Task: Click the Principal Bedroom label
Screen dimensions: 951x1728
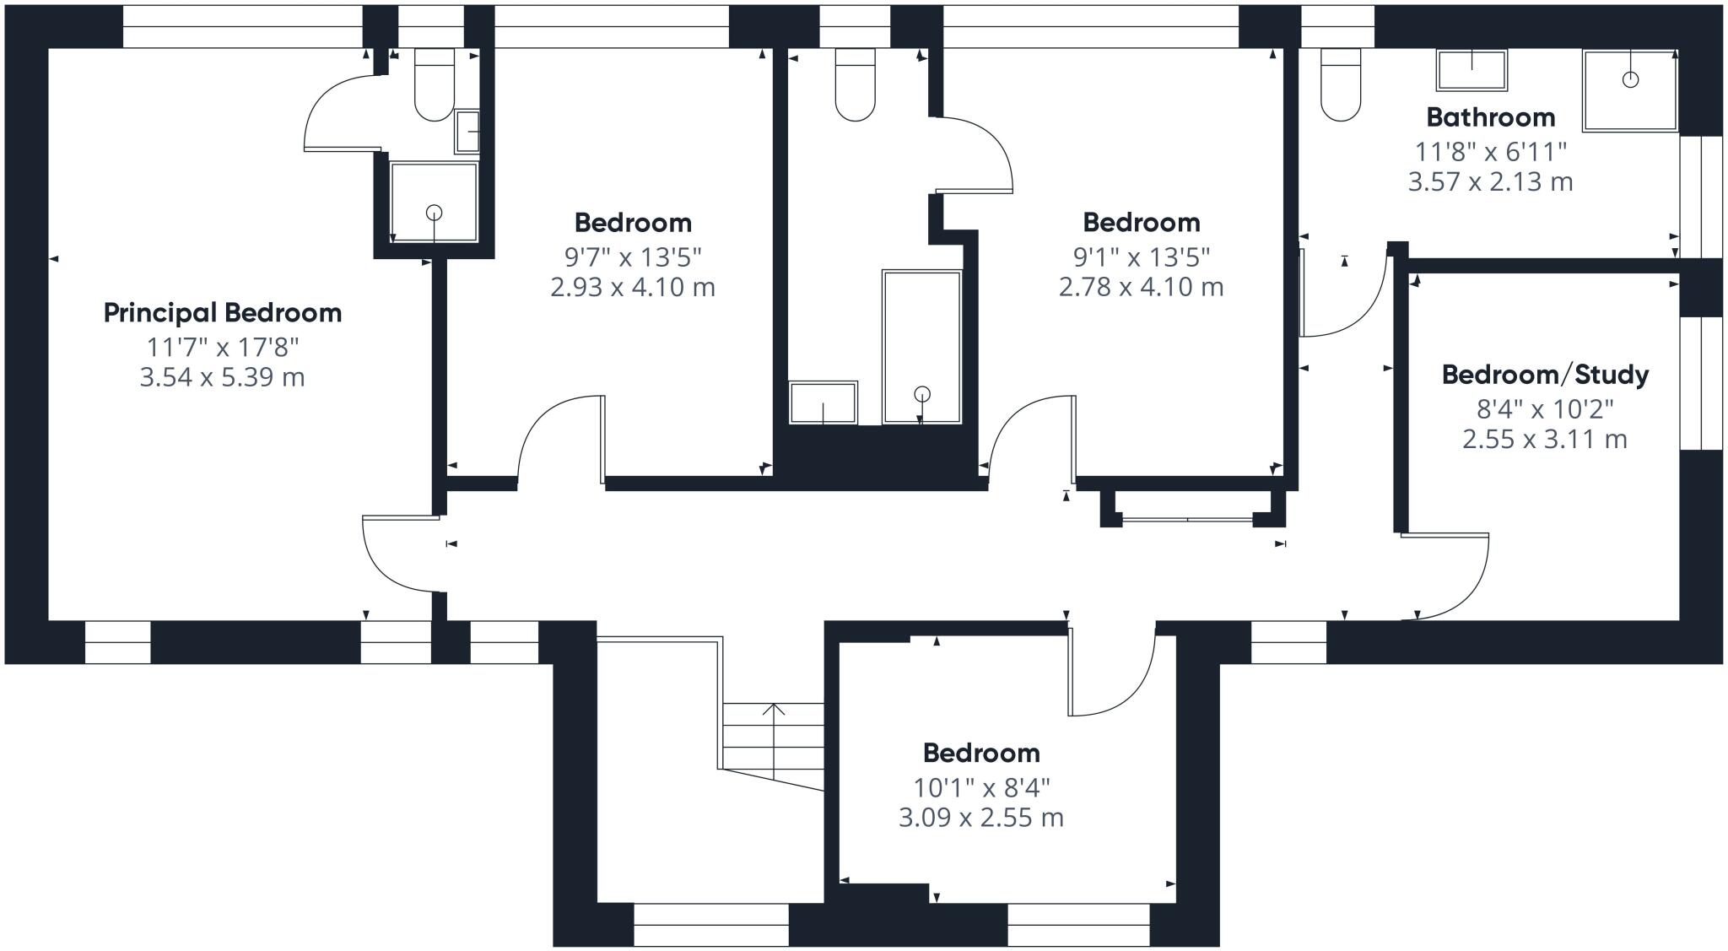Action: click(x=222, y=313)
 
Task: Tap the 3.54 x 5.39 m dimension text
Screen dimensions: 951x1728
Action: click(x=222, y=377)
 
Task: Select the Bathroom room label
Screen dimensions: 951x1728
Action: click(x=1490, y=117)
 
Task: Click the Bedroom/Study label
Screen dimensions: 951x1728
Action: click(x=1545, y=375)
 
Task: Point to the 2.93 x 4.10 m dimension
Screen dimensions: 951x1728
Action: click(x=633, y=288)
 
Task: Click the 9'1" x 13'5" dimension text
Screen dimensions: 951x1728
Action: click(x=1141, y=256)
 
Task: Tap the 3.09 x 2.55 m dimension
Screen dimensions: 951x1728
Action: click(x=980, y=818)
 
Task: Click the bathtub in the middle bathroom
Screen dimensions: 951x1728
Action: click(x=921, y=346)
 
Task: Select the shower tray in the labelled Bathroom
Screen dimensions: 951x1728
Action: click(x=1629, y=90)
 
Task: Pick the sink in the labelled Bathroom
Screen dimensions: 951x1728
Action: click(x=1471, y=70)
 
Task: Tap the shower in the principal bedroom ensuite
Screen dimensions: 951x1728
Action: click(x=434, y=202)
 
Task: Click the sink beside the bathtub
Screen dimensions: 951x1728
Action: click(x=823, y=403)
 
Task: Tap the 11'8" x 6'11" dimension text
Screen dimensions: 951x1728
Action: click(x=1490, y=152)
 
